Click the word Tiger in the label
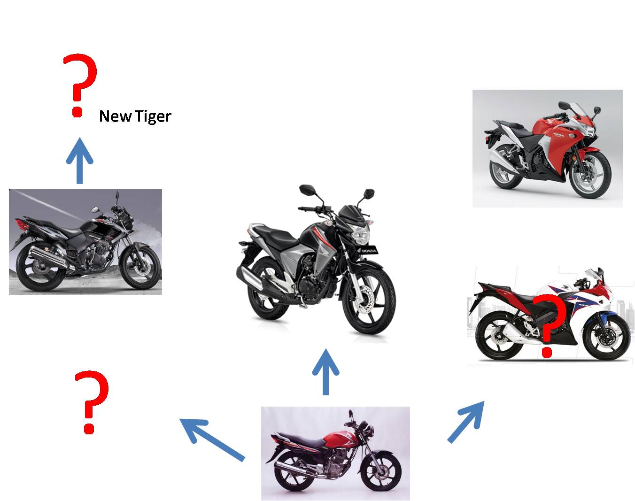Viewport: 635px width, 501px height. point(153,116)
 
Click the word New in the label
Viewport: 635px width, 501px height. point(116,116)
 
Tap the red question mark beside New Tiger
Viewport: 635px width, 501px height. point(80,85)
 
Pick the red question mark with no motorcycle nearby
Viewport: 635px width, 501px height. point(92,402)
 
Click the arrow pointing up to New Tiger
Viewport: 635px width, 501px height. point(80,161)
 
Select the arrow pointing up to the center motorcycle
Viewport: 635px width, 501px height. point(326,372)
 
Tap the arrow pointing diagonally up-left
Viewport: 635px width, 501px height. point(212,439)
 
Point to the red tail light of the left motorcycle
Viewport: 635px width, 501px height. point(23,225)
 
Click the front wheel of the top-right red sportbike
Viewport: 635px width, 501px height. point(590,175)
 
